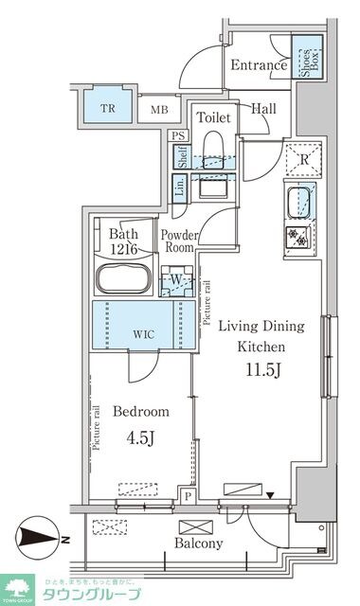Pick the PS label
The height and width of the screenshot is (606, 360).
click(x=178, y=135)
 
